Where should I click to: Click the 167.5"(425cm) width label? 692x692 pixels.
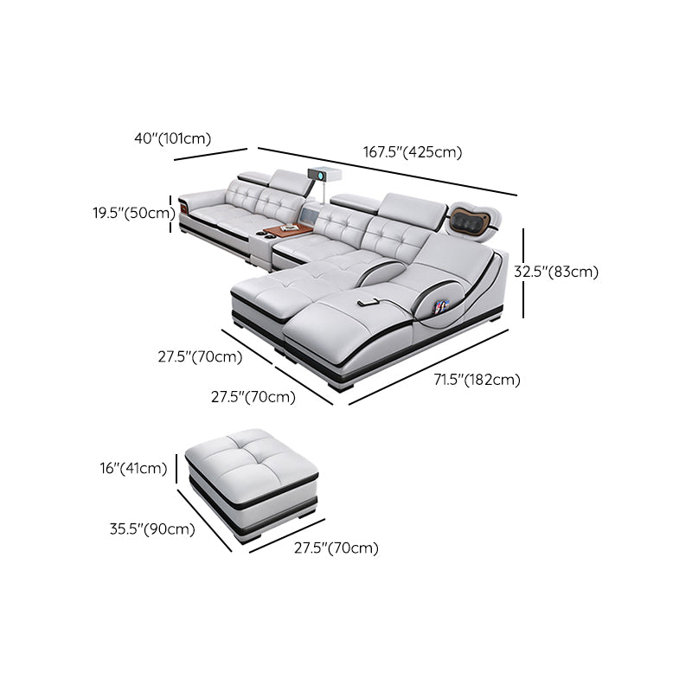point(413,152)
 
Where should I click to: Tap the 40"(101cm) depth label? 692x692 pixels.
point(172,138)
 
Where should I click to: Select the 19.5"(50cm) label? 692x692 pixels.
point(134,213)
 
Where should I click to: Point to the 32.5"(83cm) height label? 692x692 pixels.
point(556,272)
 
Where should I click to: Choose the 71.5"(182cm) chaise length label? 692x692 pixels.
point(477,380)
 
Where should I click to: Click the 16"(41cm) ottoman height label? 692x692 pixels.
point(133,468)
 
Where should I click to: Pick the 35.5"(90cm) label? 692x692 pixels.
point(152,529)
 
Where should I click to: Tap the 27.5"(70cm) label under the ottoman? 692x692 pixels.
point(336,548)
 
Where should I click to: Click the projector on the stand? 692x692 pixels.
point(324,174)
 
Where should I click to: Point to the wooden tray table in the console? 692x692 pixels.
point(289,230)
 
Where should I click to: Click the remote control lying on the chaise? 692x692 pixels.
point(367,303)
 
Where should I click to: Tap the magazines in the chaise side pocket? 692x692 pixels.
point(441,306)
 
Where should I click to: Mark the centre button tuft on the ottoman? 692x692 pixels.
point(242,451)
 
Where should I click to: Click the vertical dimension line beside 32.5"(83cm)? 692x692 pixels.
point(523,273)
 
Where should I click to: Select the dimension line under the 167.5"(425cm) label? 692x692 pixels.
point(387,171)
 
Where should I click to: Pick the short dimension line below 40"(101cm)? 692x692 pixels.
point(210,154)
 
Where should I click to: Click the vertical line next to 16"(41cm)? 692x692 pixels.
point(176,469)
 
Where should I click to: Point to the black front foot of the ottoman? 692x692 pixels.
point(250,539)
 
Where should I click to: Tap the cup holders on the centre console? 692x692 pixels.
point(263,234)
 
